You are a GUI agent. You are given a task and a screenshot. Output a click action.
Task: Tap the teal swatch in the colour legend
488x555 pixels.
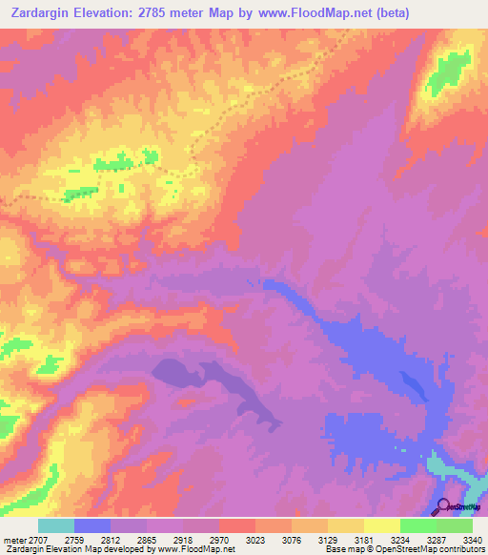coord(55,525)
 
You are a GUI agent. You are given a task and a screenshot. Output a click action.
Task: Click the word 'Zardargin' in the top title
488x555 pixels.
coord(35,12)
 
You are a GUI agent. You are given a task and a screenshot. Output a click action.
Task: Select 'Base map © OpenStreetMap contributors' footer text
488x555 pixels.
coord(403,549)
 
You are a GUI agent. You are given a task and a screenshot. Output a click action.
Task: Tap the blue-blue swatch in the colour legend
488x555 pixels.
coord(91,525)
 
